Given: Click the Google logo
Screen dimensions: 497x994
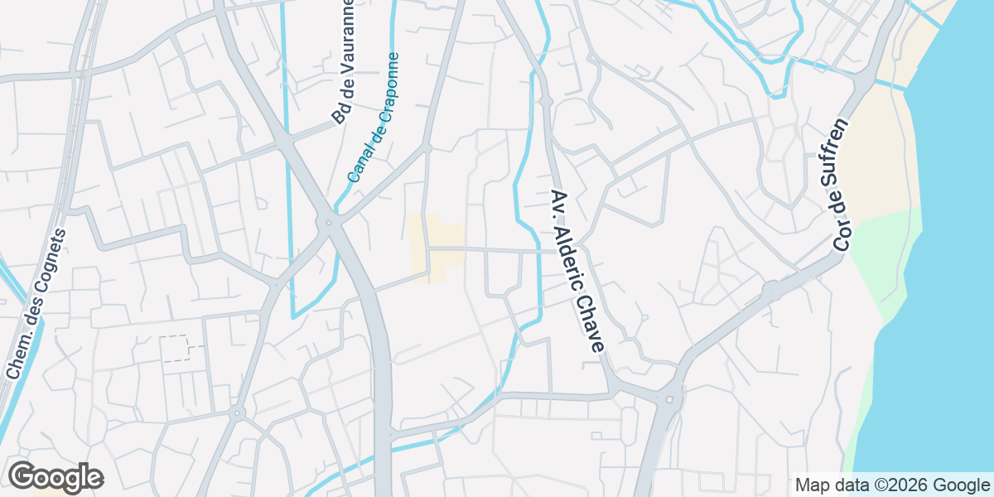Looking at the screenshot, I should [x=55, y=477].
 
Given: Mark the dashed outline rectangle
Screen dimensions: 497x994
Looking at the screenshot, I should [x=181, y=349].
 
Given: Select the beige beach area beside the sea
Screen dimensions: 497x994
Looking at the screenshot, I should [x=878, y=149].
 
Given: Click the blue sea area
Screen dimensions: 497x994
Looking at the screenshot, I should [x=953, y=290].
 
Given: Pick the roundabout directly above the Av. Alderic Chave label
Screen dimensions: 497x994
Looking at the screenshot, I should [x=545, y=101].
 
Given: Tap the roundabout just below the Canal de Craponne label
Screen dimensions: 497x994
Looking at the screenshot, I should [x=330, y=222].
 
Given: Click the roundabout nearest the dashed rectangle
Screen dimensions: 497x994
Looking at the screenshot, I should [x=237, y=412].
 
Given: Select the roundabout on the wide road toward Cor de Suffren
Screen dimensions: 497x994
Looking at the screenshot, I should [x=772, y=290].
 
